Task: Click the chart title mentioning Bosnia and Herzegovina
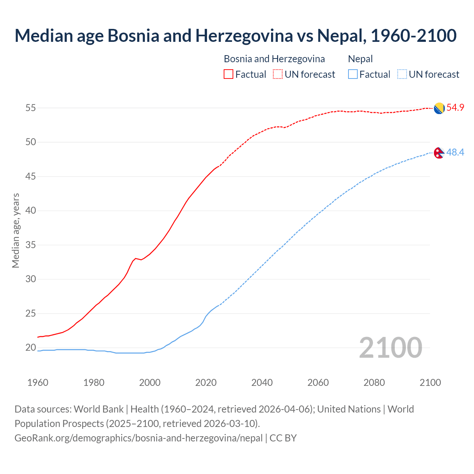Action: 236,36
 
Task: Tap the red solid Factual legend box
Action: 228,74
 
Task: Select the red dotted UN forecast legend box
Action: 278,74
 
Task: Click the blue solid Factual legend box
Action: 353,74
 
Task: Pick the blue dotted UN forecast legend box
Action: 402,74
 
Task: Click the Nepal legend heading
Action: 360,59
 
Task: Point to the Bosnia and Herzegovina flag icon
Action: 439,108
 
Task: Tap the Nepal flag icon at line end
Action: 439,153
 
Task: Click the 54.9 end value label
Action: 455,108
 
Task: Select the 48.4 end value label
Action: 455,152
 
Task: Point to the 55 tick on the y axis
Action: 31,108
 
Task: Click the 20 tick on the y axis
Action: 31,348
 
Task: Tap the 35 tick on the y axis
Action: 31,245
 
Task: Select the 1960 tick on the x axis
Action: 38,383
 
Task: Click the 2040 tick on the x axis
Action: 262,383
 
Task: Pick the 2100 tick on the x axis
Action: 430,383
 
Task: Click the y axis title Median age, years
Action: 16,230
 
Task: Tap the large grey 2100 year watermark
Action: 391,347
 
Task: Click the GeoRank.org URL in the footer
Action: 138,438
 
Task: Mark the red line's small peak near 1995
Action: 136,258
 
